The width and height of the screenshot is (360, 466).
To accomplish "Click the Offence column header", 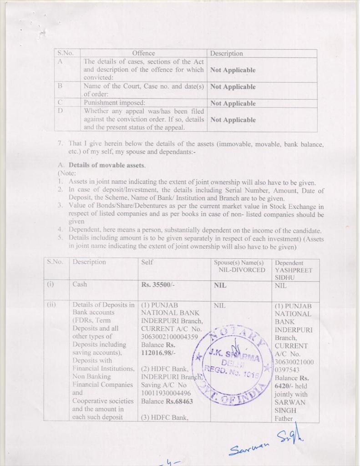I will tap(143, 53).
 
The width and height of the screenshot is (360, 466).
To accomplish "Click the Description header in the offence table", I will tap(226, 53).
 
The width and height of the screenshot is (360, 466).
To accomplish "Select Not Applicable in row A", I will tap(233, 70).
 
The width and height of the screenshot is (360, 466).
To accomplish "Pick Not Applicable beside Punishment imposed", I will tap(233, 103).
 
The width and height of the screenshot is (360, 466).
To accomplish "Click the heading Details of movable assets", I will tap(107, 165).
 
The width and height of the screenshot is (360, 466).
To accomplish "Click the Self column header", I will tap(147, 262).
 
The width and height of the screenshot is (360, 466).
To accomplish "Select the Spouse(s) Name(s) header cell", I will tap(239, 263).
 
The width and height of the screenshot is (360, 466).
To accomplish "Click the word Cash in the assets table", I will tap(80, 284).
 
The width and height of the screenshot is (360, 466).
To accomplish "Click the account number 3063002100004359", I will tap(169, 337).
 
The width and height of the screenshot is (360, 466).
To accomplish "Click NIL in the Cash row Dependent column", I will tap(281, 286).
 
